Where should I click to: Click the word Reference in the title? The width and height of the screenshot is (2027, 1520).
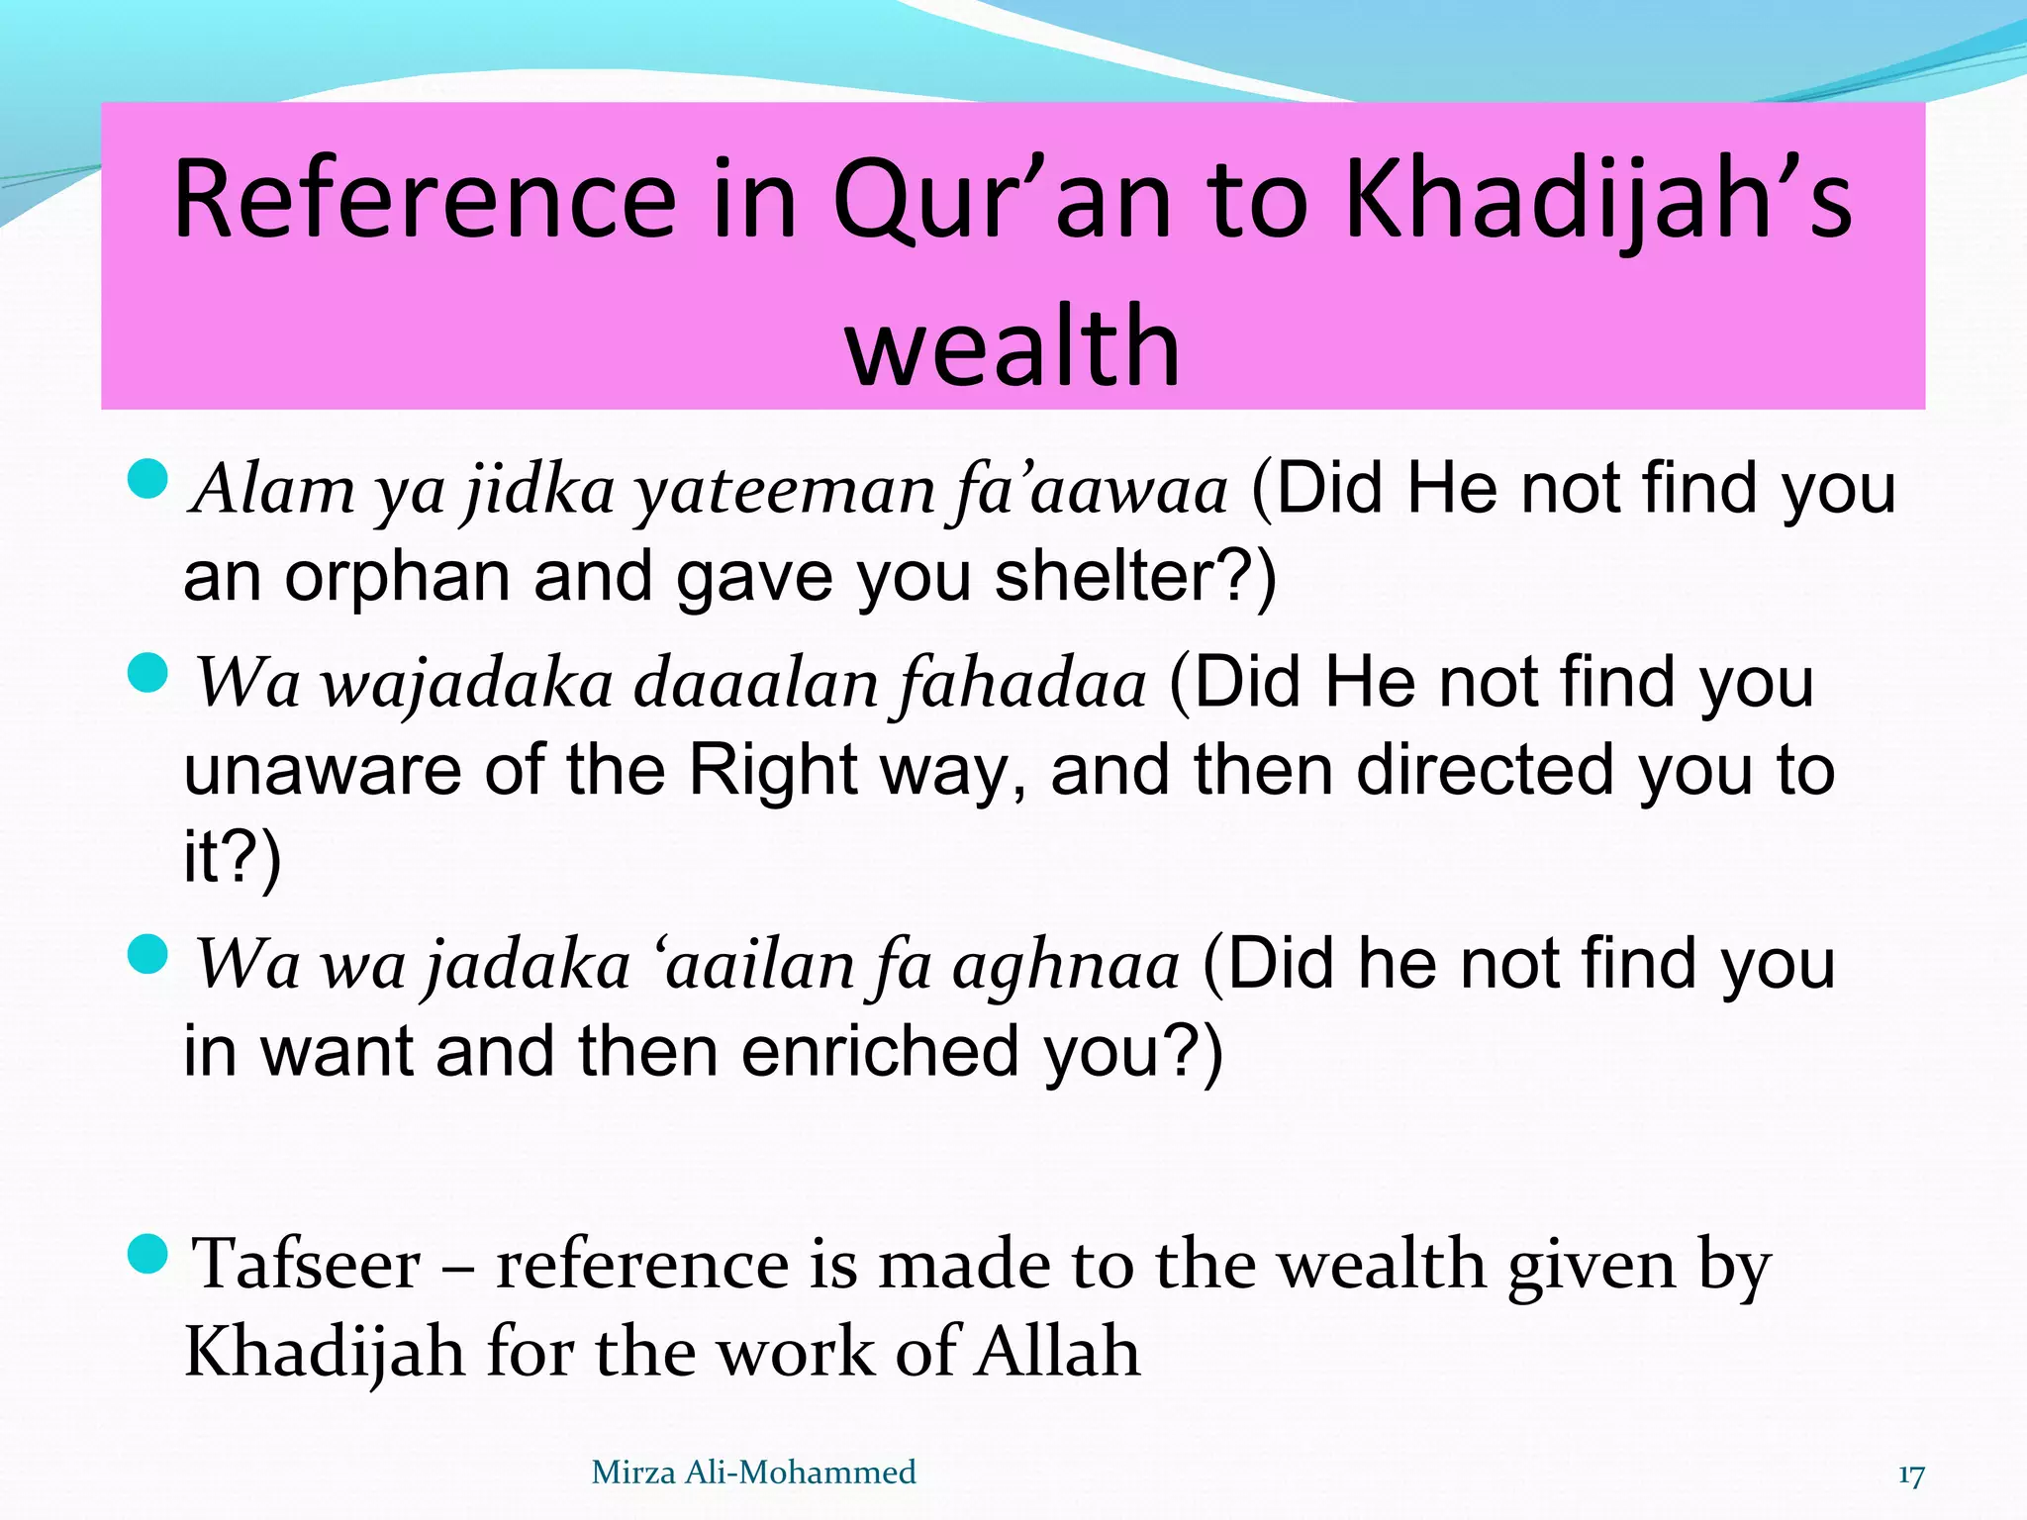(x=424, y=200)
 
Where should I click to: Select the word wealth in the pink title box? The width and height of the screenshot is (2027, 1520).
(x=1013, y=346)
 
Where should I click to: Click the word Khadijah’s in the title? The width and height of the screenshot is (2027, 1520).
(x=1597, y=200)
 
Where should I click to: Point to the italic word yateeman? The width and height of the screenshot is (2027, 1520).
(x=783, y=491)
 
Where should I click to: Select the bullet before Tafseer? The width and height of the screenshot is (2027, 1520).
(x=149, y=1254)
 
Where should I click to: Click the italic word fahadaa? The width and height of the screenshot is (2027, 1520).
(x=1021, y=685)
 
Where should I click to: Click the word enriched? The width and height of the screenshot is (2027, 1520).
(x=881, y=1051)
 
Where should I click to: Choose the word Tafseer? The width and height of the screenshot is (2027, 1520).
(x=306, y=1265)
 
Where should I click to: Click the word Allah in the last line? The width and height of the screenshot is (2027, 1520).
(x=1057, y=1352)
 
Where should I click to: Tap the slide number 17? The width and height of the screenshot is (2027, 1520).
(x=1911, y=1475)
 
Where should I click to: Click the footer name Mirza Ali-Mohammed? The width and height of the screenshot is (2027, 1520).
(x=753, y=1472)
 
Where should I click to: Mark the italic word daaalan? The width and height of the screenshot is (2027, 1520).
(x=755, y=685)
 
